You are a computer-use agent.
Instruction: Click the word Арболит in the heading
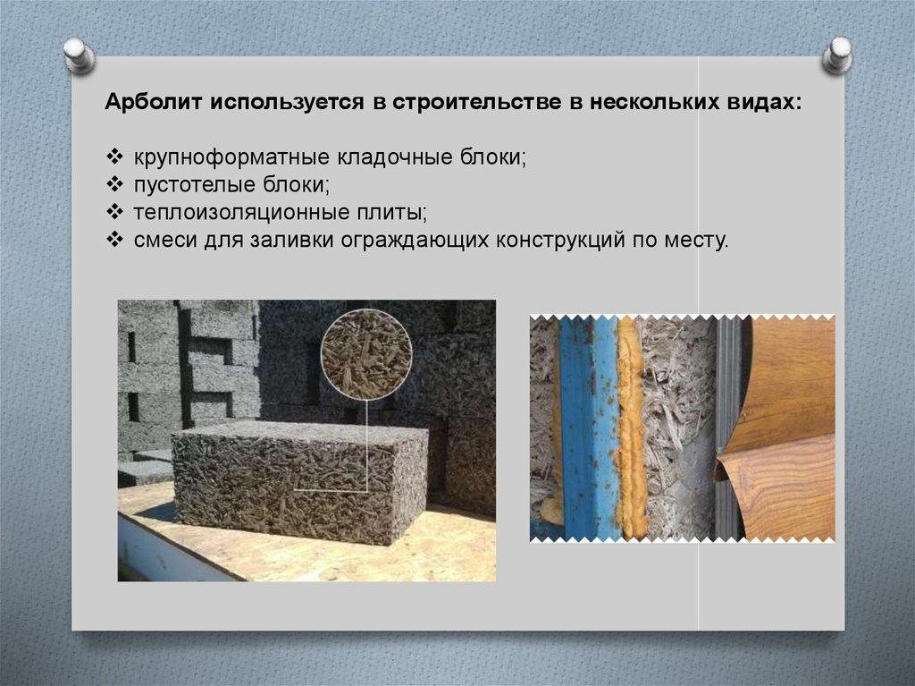coord(154,102)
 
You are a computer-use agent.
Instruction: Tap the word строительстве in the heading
coord(475,102)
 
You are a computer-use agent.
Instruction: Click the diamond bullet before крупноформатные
coord(114,157)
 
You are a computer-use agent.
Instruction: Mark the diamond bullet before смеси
coord(114,239)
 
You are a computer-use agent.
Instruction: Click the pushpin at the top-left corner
coord(80,55)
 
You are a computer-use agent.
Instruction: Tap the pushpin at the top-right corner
coord(837,55)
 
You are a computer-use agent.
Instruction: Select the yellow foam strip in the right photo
coord(631,427)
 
